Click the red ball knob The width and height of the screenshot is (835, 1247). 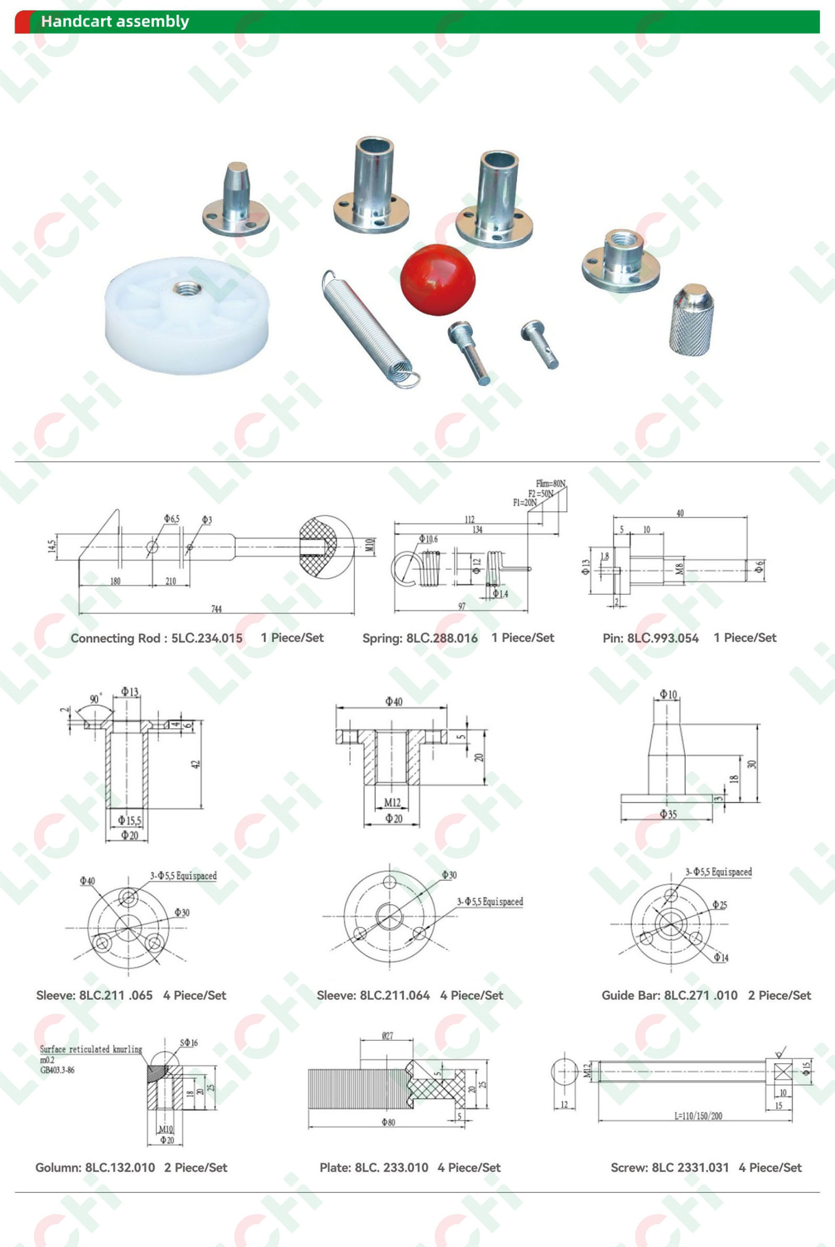coord(438,280)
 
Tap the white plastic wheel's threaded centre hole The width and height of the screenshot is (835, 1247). coord(187,289)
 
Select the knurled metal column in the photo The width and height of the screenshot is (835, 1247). coord(691,319)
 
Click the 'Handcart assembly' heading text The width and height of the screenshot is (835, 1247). coord(115,21)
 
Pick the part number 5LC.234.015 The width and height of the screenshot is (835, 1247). coord(207,638)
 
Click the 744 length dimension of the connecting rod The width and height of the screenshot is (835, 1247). coord(216,608)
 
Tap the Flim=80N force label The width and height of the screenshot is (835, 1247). coord(551,484)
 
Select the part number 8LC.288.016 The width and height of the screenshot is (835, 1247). coord(442,638)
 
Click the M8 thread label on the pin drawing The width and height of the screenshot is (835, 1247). coord(679,569)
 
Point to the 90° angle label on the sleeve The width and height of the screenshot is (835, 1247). coord(95,699)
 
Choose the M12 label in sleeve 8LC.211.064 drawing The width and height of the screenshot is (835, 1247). coord(392,802)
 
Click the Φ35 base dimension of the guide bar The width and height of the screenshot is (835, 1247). coord(668,813)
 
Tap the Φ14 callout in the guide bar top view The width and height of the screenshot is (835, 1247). coord(721,957)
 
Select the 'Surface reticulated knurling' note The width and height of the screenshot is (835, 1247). coord(91,1049)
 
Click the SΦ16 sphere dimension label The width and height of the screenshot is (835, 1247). coord(188,1042)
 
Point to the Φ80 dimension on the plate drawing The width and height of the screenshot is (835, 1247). coord(388,1122)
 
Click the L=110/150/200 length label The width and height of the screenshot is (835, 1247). coord(698,1116)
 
